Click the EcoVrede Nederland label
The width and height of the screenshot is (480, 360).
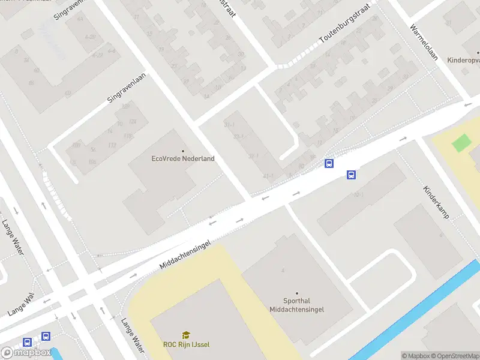(183, 158)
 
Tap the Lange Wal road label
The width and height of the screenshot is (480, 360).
(22, 305)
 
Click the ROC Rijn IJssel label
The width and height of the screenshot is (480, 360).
(186, 344)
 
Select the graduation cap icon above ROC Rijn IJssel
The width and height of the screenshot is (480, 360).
(186, 335)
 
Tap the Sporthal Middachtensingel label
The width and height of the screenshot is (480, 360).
(296, 305)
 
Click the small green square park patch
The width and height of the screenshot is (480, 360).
(461, 143)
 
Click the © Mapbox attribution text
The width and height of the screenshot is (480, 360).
(415, 356)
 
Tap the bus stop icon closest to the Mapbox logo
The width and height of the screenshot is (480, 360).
(27, 342)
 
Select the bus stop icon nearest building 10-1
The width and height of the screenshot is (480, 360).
(351, 175)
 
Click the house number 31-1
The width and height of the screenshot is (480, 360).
(229, 125)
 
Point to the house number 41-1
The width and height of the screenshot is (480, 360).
(268, 176)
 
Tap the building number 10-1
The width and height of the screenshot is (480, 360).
(358, 194)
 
